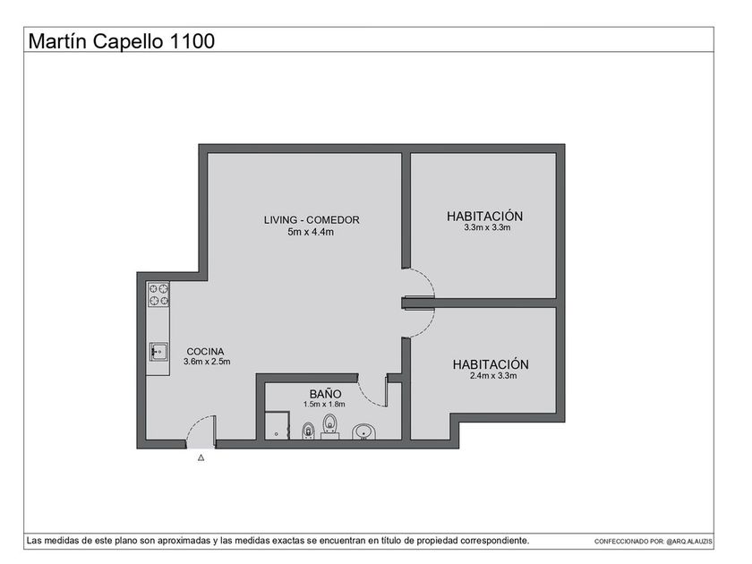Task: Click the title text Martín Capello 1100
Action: coord(122,41)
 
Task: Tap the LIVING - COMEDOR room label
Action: coord(312,219)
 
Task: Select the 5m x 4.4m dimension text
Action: coord(311,232)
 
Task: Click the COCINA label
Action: coord(205,352)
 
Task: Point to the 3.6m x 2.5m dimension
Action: coord(207,362)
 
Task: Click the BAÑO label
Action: coord(325,393)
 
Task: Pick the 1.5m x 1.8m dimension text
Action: coord(324,405)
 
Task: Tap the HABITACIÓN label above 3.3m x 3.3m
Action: coord(485,217)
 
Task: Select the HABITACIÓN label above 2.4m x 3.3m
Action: coord(491,364)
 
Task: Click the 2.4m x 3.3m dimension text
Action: coord(493,376)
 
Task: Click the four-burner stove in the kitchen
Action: coord(158,294)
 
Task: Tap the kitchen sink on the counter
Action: coord(158,352)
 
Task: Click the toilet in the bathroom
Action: coord(330,426)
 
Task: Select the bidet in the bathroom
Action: coord(308,431)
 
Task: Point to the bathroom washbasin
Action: coord(364,432)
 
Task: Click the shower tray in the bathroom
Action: coord(278,425)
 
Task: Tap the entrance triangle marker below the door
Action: coord(201,457)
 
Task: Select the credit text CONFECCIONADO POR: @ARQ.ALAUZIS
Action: coord(654,542)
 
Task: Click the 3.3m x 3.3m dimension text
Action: coord(487,227)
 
